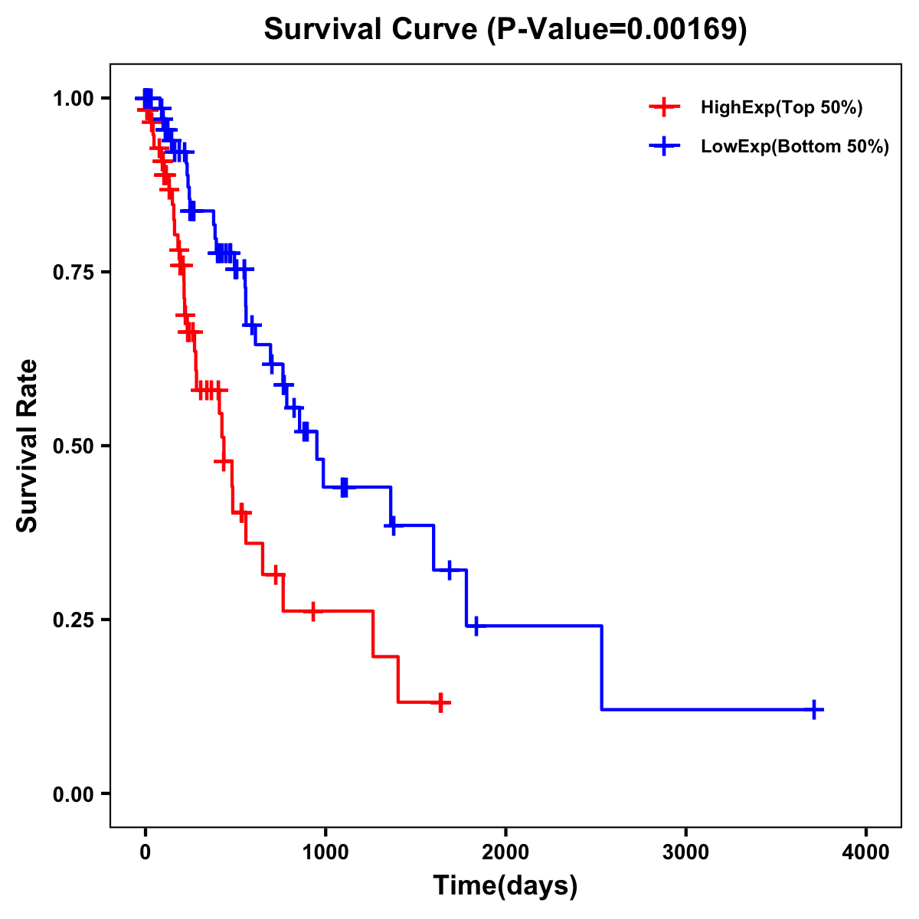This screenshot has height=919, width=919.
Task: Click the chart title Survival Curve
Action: point(372,29)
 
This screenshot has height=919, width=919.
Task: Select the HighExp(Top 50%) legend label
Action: point(782,108)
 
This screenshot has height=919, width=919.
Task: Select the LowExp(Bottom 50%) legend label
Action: point(795,147)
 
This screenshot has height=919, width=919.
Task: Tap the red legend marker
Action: point(664,108)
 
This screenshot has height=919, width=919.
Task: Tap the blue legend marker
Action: point(664,146)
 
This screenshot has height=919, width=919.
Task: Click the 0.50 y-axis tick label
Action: point(73,446)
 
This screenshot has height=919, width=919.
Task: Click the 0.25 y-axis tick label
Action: point(73,620)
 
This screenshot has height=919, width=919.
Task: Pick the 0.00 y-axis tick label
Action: point(73,794)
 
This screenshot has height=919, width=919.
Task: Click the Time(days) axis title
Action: point(505,886)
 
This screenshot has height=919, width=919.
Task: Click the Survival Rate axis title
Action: point(28,446)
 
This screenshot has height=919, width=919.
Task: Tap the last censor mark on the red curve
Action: point(440,702)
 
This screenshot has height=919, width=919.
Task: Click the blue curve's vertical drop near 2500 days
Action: point(602,666)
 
